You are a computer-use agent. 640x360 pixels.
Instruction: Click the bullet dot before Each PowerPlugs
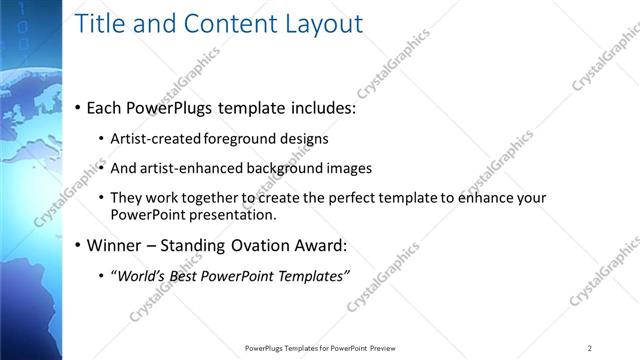pyautogui.click(x=79, y=108)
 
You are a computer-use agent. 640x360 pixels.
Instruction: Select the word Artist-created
pyautogui.click(x=155, y=139)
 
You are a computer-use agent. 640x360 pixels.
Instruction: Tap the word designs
pyautogui.click(x=303, y=139)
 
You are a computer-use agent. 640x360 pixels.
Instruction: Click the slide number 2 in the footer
pyautogui.click(x=590, y=348)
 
